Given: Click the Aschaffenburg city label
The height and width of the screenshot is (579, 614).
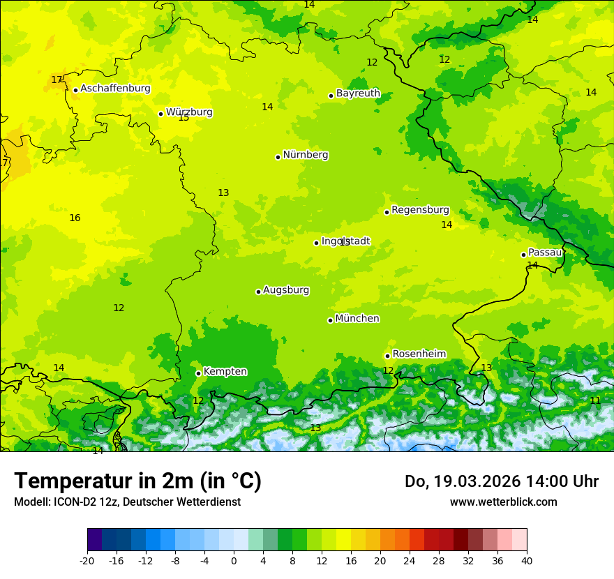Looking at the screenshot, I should click(115, 89).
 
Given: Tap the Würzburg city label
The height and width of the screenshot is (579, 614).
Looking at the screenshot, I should click(189, 112).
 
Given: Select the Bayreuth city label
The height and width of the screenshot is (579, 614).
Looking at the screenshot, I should click(358, 93).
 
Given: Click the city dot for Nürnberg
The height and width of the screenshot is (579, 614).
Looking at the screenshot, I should click(278, 157).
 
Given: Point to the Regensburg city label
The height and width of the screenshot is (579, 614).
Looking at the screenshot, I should click(420, 210).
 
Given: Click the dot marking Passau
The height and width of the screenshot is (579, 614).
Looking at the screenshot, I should click(523, 255).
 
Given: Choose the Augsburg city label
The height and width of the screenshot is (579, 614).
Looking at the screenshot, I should click(286, 290).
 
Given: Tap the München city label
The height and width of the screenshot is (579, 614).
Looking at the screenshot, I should click(357, 319).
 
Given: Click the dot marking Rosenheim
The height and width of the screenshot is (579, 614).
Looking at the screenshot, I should click(387, 356).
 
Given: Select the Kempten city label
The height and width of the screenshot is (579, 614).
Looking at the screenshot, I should click(225, 372).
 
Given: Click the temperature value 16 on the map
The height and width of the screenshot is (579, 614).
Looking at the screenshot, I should click(75, 218).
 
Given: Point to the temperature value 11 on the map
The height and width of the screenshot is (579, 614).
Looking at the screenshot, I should click(595, 400).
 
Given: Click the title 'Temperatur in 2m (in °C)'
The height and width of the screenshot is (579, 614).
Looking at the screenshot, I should click(137, 481).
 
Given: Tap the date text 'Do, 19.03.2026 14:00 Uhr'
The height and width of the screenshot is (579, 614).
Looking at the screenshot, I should click(502, 481).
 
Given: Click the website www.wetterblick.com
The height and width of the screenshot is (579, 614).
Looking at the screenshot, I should click(503, 502).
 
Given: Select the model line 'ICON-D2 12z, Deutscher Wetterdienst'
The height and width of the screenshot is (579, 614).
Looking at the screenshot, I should click(127, 502).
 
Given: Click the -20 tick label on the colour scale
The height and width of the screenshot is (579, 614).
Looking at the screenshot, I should click(87, 561).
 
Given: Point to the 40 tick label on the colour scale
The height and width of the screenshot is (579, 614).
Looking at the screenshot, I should click(527, 561).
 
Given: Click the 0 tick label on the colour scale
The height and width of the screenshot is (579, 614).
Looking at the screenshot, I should click(234, 561).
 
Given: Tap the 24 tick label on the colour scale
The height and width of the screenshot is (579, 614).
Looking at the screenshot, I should click(410, 561).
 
